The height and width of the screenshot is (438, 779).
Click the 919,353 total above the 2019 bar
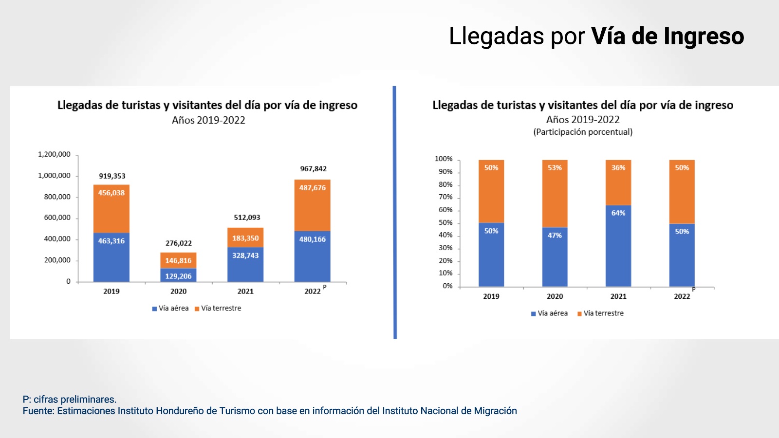tap(112, 176)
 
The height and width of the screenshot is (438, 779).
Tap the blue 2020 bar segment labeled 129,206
tap(178, 275)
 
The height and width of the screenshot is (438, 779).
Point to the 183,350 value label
tap(245, 238)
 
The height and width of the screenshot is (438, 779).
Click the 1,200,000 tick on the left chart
tap(54, 154)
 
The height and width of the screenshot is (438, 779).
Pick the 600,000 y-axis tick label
tap(57, 218)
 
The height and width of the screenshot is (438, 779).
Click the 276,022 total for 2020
tap(179, 243)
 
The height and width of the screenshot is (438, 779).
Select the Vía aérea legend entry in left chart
tap(170, 308)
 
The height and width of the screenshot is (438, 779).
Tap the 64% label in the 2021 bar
tap(618, 213)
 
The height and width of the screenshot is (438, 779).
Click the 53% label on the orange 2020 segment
tap(555, 167)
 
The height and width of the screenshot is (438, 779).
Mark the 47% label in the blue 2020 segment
tap(555, 235)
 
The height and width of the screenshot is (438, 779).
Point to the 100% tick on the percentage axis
tap(443, 159)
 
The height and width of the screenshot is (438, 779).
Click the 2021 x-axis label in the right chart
tap(618, 296)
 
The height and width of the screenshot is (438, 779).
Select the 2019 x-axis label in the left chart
tap(111, 291)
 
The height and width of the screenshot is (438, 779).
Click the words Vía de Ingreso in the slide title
tap(668, 36)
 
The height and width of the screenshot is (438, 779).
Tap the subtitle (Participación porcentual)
tap(583, 132)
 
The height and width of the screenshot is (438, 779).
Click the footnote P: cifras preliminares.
tap(70, 400)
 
